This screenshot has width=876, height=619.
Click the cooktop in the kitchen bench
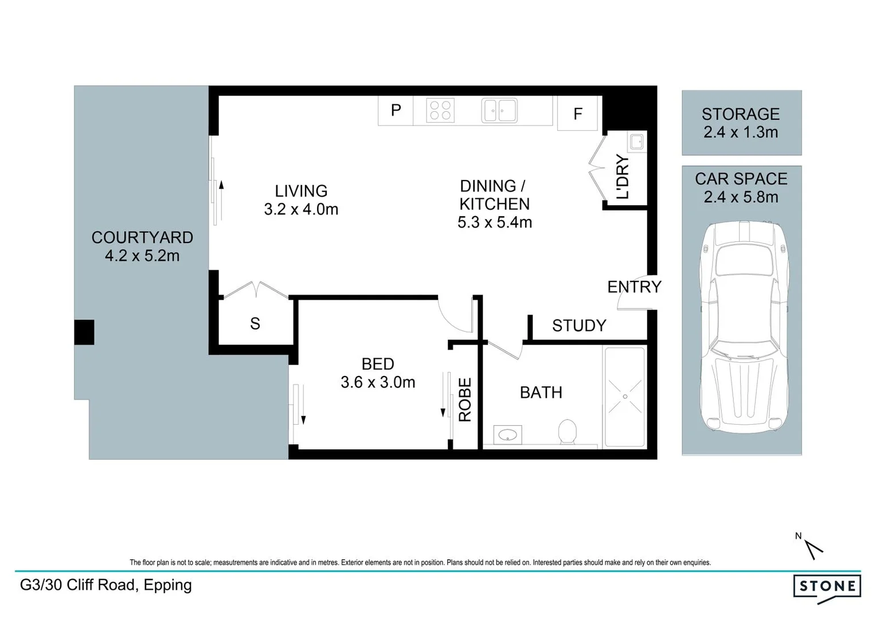click(440, 110)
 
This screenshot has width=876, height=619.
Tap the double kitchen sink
click(499, 111)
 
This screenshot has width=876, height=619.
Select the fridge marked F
click(577, 113)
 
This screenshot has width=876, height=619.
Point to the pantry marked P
click(396, 111)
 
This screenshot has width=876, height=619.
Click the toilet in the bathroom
click(567, 432)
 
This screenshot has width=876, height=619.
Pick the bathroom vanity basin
click(507, 435)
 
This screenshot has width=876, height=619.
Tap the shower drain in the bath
click(625, 397)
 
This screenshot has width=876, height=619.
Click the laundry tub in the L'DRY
click(637, 142)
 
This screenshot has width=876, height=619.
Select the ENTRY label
click(634, 287)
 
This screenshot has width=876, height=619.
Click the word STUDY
click(579, 326)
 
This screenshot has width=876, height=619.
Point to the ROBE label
click(465, 399)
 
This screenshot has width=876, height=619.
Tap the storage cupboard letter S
click(255, 324)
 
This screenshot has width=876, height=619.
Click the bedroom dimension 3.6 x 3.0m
click(378, 382)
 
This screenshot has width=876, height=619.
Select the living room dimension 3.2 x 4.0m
click(301, 209)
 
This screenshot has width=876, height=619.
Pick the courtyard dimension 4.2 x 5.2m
click(142, 256)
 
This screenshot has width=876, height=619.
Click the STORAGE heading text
click(741, 114)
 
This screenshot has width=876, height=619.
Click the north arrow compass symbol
click(812, 548)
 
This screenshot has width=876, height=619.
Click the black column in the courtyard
click(84, 332)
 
